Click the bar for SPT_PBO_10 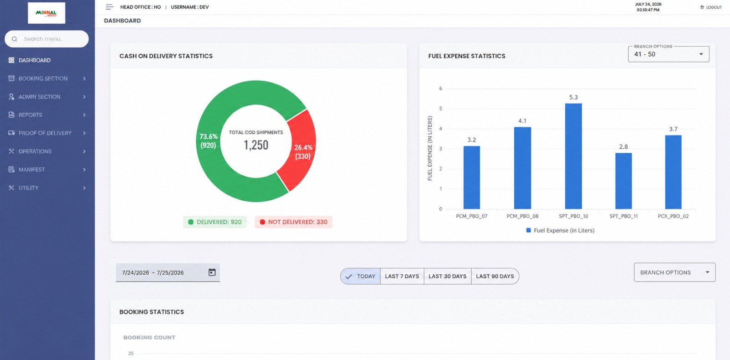tap(573, 156)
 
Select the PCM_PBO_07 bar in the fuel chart tap(472, 177)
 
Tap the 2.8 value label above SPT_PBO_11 tap(623, 146)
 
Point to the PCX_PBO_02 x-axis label tap(673, 216)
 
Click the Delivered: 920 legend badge tap(215, 222)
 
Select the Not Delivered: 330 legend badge tap(293, 222)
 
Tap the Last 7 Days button tap(402, 276)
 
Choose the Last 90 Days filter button tap(495, 276)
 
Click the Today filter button tap(360, 276)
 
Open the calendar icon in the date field tap(212, 272)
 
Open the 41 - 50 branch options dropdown tap(668, 54)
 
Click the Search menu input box tap(47, 39)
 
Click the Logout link tap(711, 7)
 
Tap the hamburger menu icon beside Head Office tap(109, 7)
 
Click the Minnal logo tap(46, 13)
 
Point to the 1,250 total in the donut tap(256, 145)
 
